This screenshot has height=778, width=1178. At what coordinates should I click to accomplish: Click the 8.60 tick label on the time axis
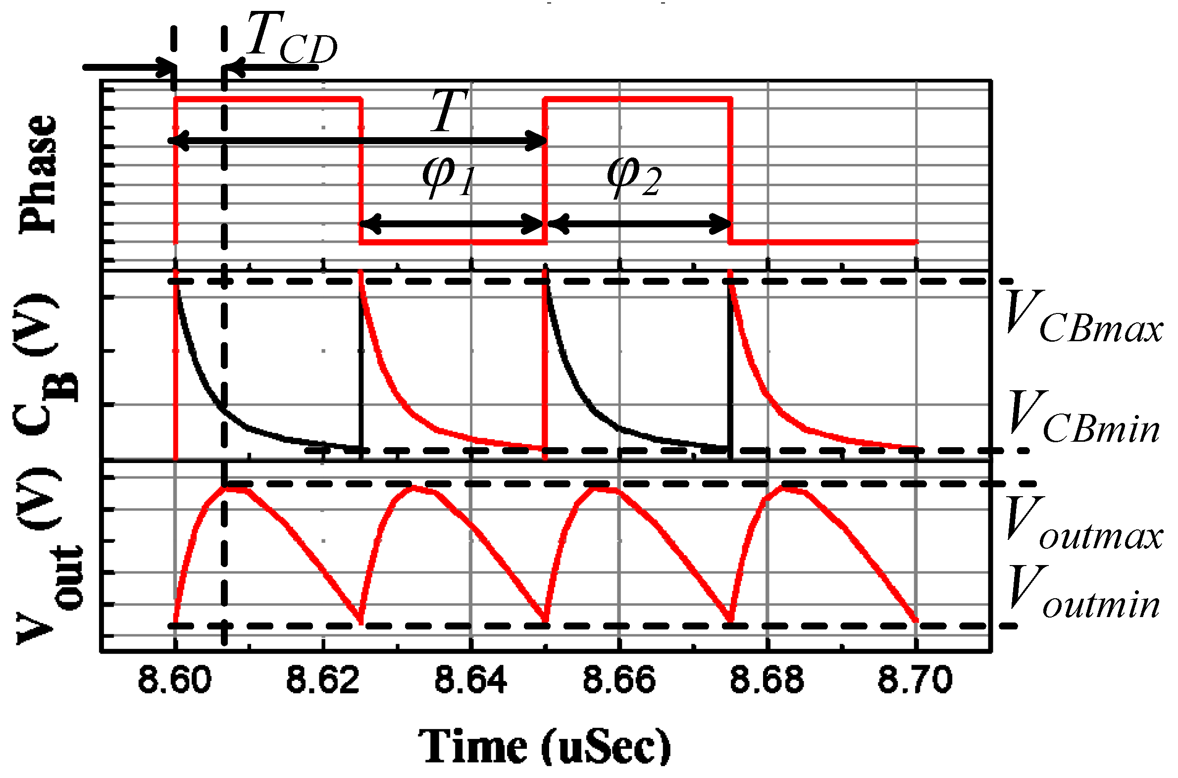(x=175, y=680)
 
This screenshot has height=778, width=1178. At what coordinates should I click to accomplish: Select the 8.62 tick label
(x=323, y=680)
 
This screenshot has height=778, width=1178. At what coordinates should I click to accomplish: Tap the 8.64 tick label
(x=471, y=680)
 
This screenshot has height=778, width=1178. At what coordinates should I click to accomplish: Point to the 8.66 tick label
(x=619, y=680)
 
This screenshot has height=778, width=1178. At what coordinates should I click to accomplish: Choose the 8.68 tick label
(x=767, y=680)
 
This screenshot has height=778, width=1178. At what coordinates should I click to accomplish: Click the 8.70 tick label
(x=915, y=680)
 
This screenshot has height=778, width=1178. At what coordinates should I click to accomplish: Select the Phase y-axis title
(x=39, y=174)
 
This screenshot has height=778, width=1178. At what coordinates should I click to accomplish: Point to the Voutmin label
(x=1084, y=593)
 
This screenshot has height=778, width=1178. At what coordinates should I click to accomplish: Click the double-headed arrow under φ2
(x=639, y=224)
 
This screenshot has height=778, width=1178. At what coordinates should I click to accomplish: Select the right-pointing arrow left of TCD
(x=129, y=67)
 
